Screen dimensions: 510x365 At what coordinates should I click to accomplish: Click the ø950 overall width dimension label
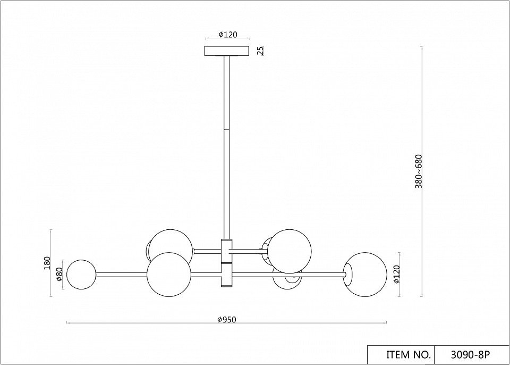(x=227, y=319)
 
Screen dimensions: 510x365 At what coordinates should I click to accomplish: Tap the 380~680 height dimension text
(x=419, y=171)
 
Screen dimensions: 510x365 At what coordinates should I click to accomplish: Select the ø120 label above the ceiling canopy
(x=228, y=35)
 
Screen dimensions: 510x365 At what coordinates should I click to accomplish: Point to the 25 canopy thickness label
(x=260, y=51)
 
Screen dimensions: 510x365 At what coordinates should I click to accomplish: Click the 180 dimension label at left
(x=47, y=263)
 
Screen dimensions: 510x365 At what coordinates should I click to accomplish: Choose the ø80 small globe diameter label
(x=59, y=275)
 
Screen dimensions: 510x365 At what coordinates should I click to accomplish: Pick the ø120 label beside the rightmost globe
(x=396, y=275)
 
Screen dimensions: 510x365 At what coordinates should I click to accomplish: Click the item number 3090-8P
(x=470, y=354)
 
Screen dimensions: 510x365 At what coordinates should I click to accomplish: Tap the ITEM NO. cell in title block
(x=409, y=354)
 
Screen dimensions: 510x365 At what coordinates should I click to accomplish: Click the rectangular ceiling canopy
(x=227, y=51)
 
